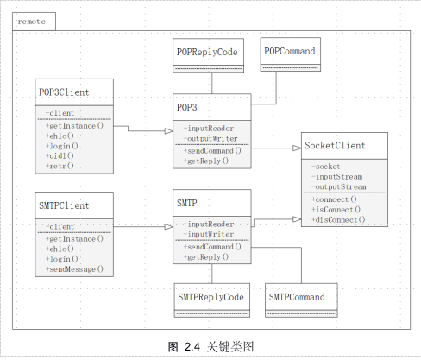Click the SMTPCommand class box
tap(298, 298)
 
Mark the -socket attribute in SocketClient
tap(328, 166)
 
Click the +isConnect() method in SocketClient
tap(336, 209)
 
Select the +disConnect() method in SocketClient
tap(338, 219)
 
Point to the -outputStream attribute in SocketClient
tap(339, 186)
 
